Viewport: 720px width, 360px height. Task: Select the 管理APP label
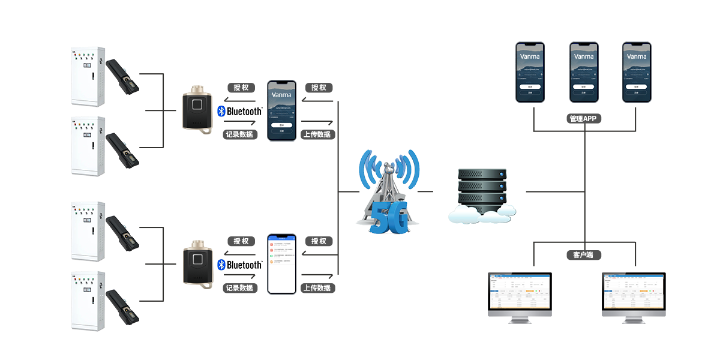pyautogui.click(x=584, y=119)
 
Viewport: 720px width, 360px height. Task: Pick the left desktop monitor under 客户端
pyautogui.click(x=520, y=297)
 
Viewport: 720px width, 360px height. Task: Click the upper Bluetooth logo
pyautogui.click(x=239, y=112)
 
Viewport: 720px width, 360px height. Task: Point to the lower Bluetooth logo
pyautogui.click(x=239, y=265)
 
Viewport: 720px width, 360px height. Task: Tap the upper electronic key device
pyautogui.click(x=197, y=109)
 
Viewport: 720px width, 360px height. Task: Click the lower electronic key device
pyautogui.click(x=197, y=263)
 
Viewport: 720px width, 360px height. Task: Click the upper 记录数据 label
pyautogui.click(x=239, y=134)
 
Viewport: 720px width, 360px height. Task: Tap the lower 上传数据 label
pyautogui.click(x=317, y=288)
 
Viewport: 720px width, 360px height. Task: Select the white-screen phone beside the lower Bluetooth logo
pyautogui.click(x=281, y=264)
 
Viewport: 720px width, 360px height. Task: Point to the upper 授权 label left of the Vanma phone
pyautogui.click(x=241, y=88)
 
